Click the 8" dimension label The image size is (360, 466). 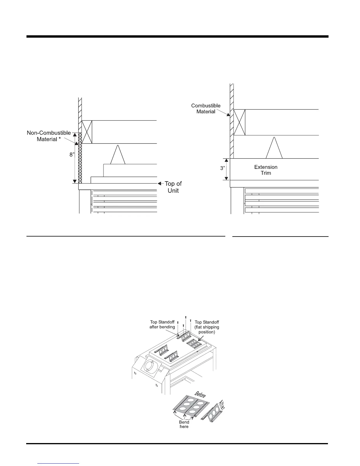(72, 154)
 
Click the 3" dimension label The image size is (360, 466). (223, 169)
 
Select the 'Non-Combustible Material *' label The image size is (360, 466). (49, 136)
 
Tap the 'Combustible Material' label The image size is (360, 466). (206, 109)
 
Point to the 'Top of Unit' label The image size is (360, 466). (173, 187)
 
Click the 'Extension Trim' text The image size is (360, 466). (266, 170)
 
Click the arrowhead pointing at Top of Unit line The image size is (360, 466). (159, 184)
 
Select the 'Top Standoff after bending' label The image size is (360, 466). (162, 324)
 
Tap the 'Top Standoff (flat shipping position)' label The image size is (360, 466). (207, 327)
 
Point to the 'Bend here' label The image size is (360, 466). (184, 424)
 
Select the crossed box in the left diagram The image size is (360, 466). (87, 132)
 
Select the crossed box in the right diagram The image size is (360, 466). (239, 122)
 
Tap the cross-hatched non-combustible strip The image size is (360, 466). (80, 158)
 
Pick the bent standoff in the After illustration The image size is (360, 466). (214, 413)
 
